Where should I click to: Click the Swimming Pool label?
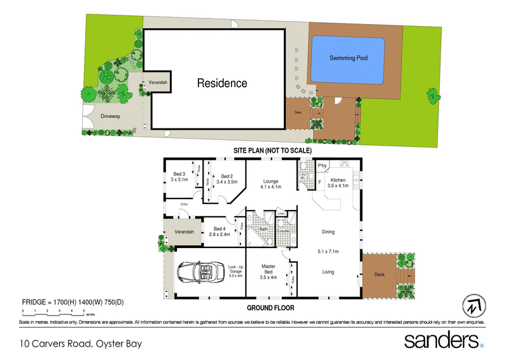[348, 58]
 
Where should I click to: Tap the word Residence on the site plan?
[221, 83]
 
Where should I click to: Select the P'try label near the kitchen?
[322, 167]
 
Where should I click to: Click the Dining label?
[328, 232]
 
